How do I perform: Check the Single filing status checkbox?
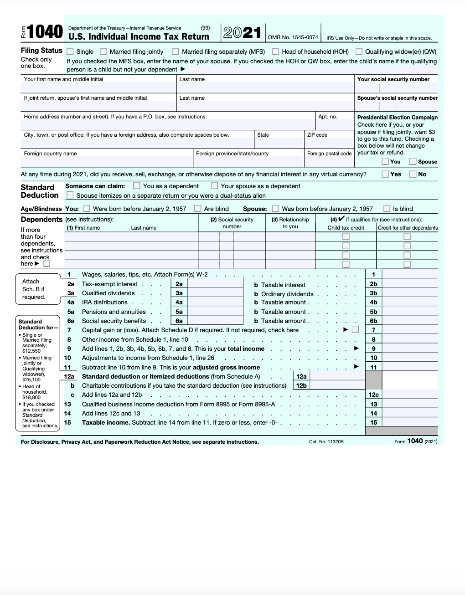pos(70,51)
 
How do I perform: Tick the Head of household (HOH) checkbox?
pos(275,51)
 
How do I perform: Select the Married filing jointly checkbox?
pos(103,51)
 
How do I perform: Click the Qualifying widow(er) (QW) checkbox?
pos(359,51)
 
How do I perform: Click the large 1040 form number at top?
pos(45,32)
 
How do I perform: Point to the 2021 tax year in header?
pos(242,32)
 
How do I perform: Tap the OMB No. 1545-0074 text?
pos(293,37)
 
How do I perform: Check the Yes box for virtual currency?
pos(385,174)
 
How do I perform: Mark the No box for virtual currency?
pos(413,174)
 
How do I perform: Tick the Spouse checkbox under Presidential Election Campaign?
pos(413,161)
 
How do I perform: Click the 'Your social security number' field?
pos(395,88)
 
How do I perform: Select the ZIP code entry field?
pos(328,143)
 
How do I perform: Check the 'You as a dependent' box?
pos(137,186)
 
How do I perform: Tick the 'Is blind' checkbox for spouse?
pos(387,209)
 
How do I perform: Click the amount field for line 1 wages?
pos(409,274)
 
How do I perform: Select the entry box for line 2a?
pos(215,284)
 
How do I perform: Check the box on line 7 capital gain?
pos(355,329)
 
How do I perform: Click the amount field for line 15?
pos(409,422)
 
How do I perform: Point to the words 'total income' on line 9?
pos(246,349)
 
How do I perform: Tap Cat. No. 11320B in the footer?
pos(326,442)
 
